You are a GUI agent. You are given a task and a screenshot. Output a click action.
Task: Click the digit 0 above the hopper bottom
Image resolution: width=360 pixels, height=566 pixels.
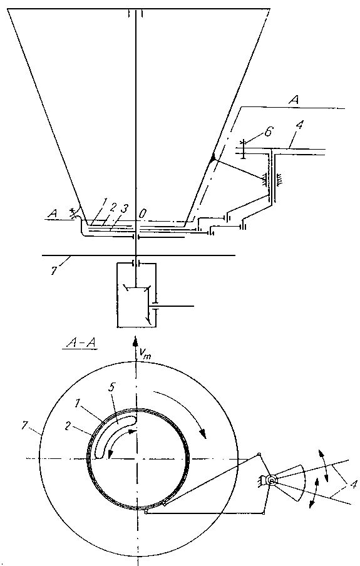142,214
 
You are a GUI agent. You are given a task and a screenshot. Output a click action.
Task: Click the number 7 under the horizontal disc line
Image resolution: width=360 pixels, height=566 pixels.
53,272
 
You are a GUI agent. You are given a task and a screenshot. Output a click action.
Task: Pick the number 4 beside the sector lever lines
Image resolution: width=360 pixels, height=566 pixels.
352,485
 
